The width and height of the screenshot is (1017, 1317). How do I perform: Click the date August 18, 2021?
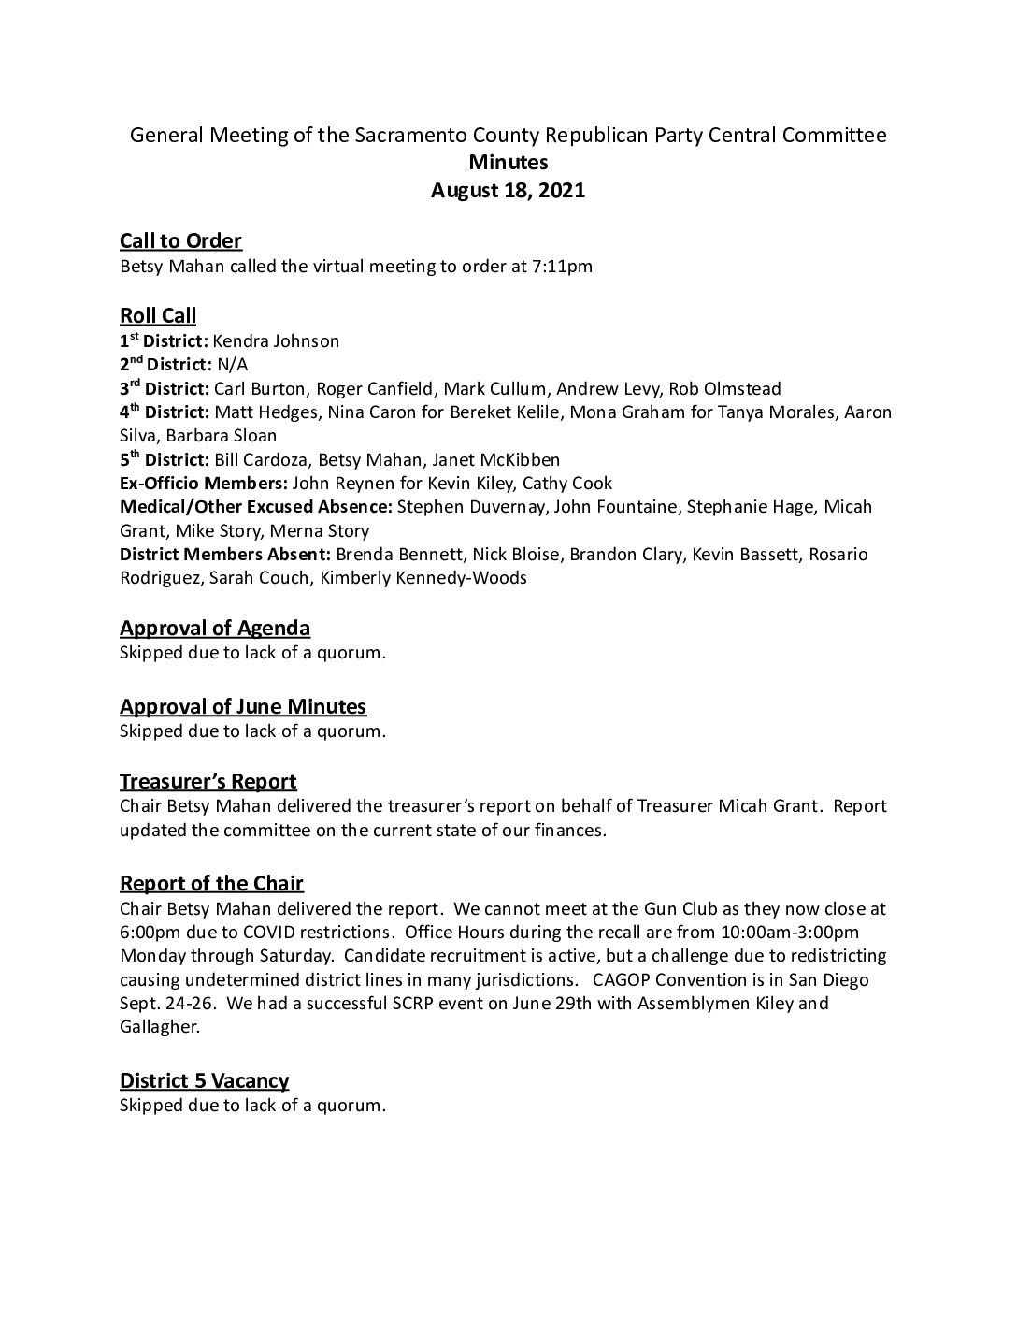click(x=508, y=191)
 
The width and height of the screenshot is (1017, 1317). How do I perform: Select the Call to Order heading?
click(x=180, y=241)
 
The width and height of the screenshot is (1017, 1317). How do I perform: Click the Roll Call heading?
click(x=158, y=316)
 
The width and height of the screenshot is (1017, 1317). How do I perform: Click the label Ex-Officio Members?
click(x=204, y=484)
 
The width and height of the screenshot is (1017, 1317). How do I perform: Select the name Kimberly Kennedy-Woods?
click(x=423, y=578)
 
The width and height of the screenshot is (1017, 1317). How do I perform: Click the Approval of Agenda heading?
click(x=215, y=629)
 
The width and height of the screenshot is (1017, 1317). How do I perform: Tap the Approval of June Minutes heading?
click(x=243, y=707)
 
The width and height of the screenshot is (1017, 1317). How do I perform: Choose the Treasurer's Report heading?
click(x=208, y=782)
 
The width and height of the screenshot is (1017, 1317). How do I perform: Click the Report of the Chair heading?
click(x=211, y=884)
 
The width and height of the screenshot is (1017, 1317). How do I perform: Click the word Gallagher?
click(x=159, y=1027)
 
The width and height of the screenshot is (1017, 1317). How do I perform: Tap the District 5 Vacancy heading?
click(x=204, y=1081)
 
